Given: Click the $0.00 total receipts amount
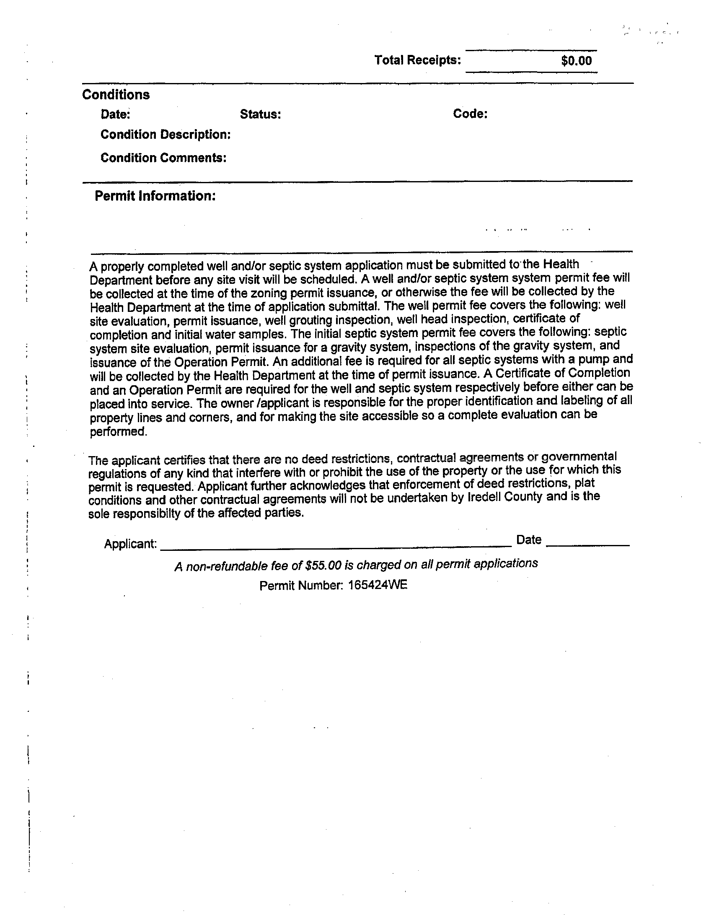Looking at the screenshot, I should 576,61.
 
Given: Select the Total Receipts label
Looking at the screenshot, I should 417,60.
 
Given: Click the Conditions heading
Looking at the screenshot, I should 116,95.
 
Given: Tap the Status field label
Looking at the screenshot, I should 260,114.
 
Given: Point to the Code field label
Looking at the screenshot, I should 470,114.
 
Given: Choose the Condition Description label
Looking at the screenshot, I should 165,135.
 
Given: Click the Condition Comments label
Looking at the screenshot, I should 163,158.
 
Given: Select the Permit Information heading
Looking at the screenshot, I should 155,196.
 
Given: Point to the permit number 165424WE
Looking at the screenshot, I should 377,585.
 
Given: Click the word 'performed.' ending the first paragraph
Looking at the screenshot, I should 119,432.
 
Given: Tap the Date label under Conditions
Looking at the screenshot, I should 115,114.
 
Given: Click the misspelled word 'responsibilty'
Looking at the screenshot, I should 150,514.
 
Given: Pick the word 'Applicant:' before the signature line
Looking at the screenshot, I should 130,544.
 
